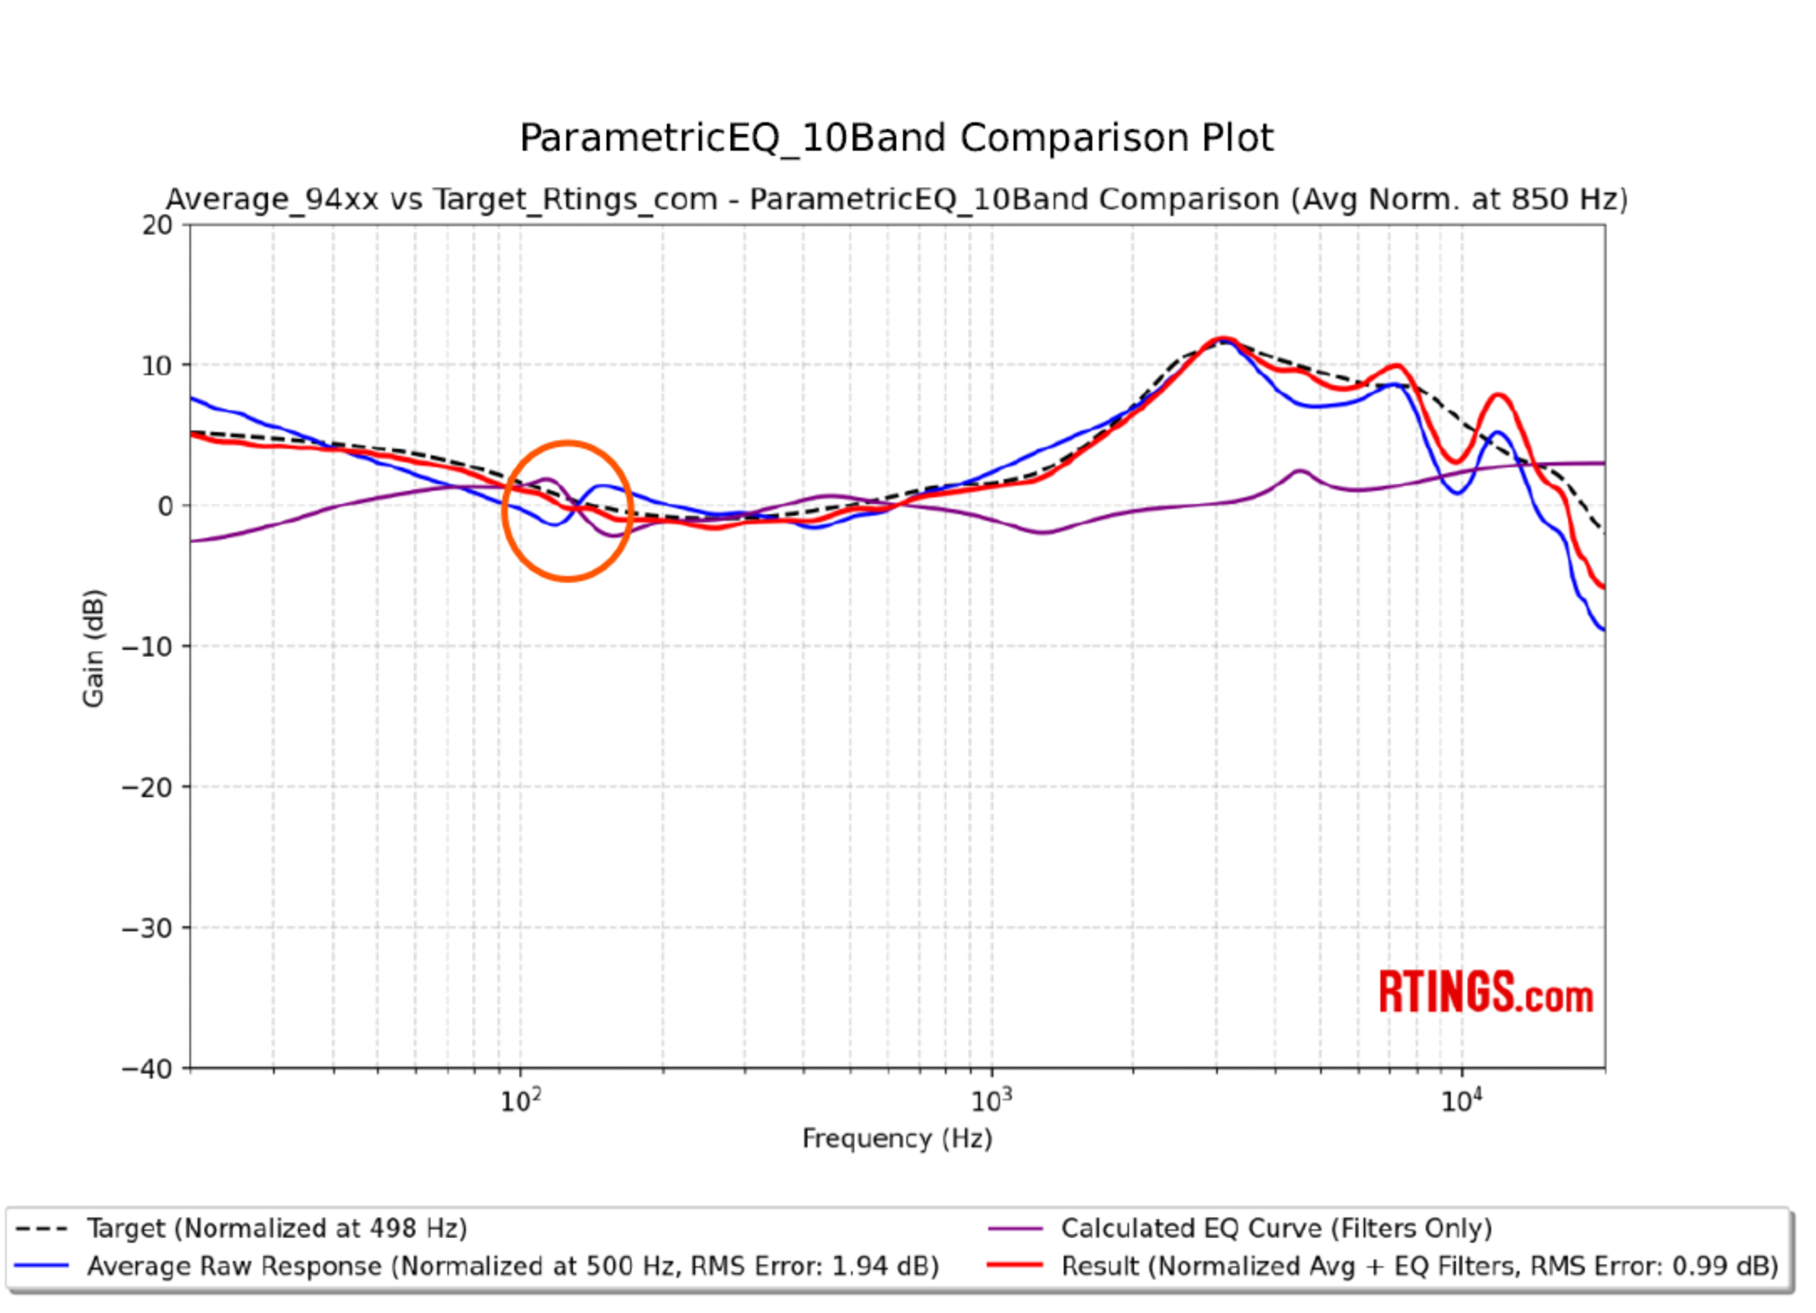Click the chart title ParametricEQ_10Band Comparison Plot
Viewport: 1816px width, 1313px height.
tap(896, 139)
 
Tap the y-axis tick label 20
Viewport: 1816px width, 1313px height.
tap(157, 226)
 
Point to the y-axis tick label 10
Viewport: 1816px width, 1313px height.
tap(157, 367)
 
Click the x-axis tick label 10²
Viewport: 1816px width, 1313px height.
tap(521, 1103)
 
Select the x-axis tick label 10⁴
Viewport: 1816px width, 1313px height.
tap(1462, 1103)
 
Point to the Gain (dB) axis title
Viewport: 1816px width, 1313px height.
tap(94, 649)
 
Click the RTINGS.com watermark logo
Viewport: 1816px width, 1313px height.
tap(1485, 993)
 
